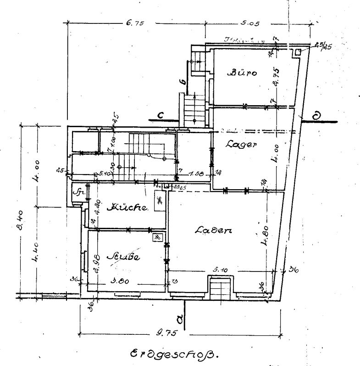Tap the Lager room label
241,144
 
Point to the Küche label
127,208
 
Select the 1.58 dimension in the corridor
193,174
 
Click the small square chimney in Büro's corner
298,52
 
